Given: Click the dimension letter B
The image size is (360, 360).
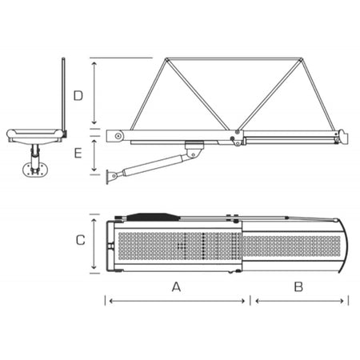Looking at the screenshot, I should pos(298,286).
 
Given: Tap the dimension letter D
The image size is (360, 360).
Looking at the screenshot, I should pos(78,97).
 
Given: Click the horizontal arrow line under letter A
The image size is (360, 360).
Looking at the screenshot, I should pos(175,301).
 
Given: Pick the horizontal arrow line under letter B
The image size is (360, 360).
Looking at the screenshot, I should pos(299,301).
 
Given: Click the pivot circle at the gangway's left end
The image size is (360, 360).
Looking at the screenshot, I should pos(118,136).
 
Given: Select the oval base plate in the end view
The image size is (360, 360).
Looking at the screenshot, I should pos(34,168).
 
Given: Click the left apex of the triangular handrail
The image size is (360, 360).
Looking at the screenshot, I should pos(165,58).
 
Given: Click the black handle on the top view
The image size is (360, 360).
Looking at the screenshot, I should pos(151,216).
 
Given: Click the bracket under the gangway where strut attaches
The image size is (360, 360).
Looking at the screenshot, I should pos(192,149).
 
